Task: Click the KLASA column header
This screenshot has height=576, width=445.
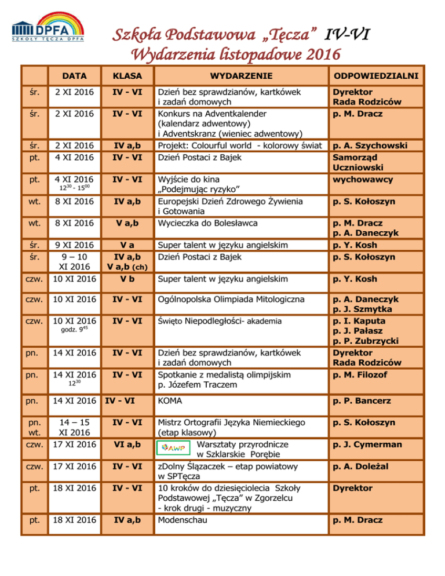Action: click(128, 76)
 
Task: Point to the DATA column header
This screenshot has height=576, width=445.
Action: click(75, 76)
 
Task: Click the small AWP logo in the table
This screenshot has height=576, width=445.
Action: click(173, 448)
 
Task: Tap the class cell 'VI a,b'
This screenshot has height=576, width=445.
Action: click(127, 444)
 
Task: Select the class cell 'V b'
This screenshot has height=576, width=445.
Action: click(127, 279)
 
